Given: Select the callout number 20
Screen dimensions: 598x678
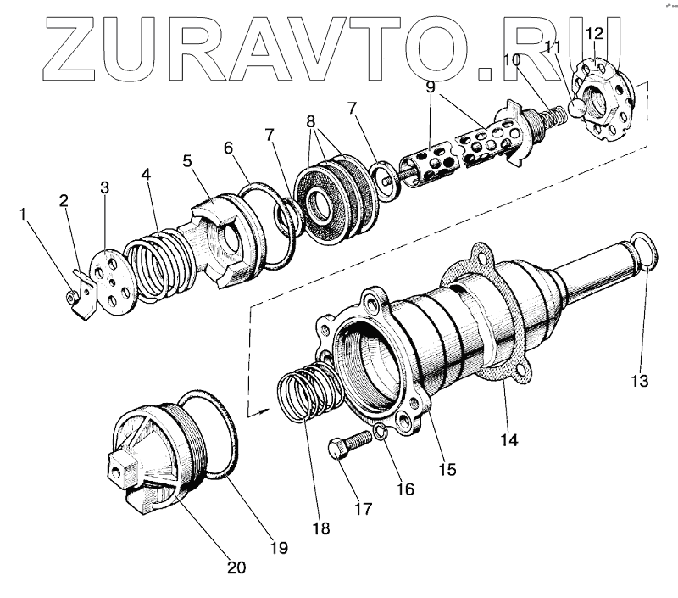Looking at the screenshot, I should click(236, 567).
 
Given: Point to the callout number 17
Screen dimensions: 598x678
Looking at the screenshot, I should click(364, 510).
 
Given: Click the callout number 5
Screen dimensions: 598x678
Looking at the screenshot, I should click(186, 159).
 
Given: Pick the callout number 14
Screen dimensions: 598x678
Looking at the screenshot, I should click(509, 439).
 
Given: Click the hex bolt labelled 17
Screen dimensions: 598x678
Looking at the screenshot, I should click(347, 446).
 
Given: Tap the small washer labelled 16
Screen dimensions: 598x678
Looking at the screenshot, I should click(381, 434).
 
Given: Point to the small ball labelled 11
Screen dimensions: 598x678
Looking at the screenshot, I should click(576, 108).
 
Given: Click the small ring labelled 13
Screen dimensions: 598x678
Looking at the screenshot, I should click(644, 252).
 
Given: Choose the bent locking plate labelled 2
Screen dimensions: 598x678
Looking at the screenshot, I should click(81, 293).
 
